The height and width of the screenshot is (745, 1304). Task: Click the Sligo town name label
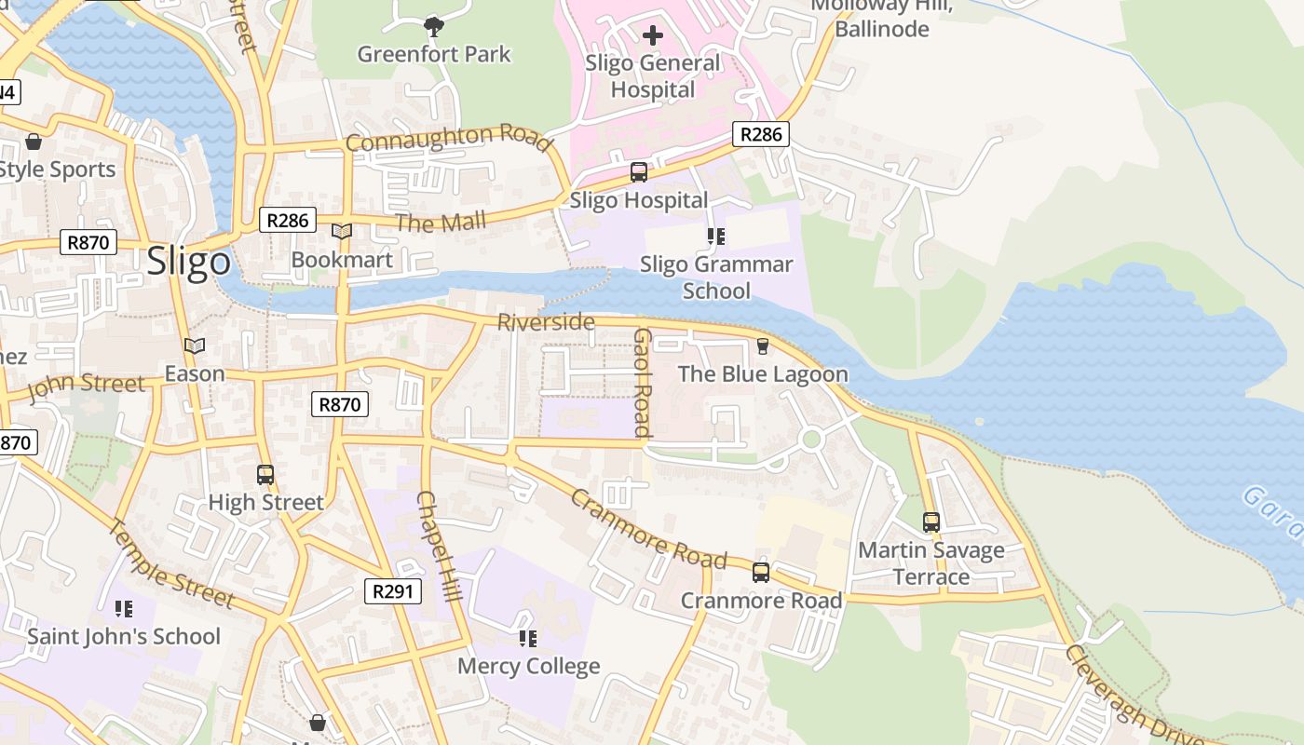pyautogui.click(x=188, y=262)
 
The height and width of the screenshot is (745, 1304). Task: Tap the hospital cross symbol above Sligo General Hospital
pyautogui.click(x=653, y=35)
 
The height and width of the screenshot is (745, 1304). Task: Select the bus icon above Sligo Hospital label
pyautogui.click(x=639, y=171)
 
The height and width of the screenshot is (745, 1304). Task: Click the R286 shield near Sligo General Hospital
pyautogui.click(x=760, y=134)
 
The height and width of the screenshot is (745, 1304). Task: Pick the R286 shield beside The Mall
pyautogui.click(x=287, y=221)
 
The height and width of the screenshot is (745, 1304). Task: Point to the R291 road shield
pyautogui.click(x=392, y=590)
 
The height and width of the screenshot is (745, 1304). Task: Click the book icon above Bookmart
pyautogui.click(x=342, y=231)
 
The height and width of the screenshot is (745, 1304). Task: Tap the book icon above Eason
pyautogui.click(x=194, y=345)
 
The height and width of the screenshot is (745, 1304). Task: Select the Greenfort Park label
pyautogui.click(x=434, y=54)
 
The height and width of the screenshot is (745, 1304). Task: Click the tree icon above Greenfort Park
pyautogui.click(x=433, y=24)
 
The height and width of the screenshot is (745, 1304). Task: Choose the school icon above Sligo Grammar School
pyautogui.click(x=715, y=237)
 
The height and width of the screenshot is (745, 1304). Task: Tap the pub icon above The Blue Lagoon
pyautogui.click(x=763, y=346)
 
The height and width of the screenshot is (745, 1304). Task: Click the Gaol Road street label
pyautogui.click(x=643, y=382)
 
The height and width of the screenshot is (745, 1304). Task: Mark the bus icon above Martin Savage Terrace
pyautogui.click(x=930, y=521)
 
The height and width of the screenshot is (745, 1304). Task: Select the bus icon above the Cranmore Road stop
pyautogui.click(x=761, y=572)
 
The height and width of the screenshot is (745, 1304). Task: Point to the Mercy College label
pyautogui.click(x=528, y=666)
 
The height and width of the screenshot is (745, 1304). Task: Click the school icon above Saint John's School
pyautogui.click(x=123, y=609)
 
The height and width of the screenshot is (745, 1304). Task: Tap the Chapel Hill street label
pyautogui.click(x=439, y=546)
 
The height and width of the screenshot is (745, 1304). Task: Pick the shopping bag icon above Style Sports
pyautogui.click(x=34, y=142)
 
